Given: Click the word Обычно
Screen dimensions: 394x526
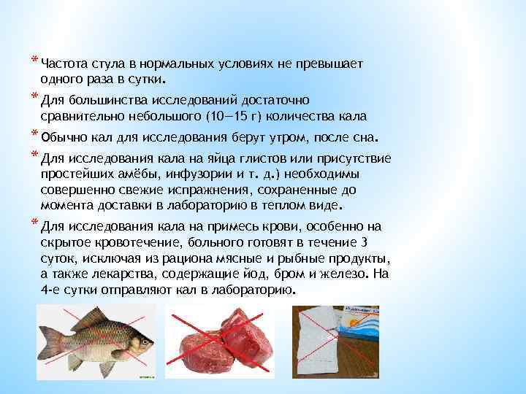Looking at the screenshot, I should coord(61,136).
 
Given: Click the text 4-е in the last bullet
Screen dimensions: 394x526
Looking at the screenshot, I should coord(52,289).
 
